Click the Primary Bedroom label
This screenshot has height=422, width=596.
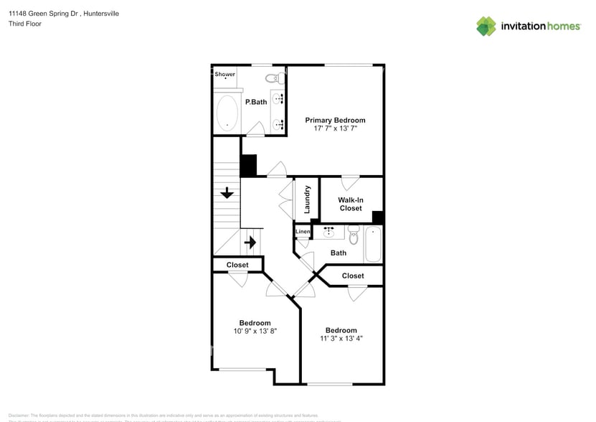(335, 120)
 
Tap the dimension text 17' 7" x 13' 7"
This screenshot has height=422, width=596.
(335, 128)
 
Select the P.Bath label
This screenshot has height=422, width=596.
(256, 102)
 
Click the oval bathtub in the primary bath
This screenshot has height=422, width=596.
(227, 113)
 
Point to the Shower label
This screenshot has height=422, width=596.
(225, 74)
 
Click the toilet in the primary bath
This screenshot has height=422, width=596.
(273, 78)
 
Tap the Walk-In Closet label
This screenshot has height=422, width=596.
(351, 204)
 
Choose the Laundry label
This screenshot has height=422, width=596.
(307, 200)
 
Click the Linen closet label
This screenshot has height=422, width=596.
(302, 232)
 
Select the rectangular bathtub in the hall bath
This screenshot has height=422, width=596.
(373, 245)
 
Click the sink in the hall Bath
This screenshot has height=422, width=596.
(329, 233)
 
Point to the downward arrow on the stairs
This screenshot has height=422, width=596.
(227, 192)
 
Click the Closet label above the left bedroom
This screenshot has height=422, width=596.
(237, 265)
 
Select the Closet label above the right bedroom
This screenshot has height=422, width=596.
(352, 276)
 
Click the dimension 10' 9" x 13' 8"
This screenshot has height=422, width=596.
(255, 331)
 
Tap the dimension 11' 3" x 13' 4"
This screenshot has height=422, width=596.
(341, 339)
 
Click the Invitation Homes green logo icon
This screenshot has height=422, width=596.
(486, 26)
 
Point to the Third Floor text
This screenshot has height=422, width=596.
(25, 24)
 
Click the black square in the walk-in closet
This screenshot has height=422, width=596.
(377, 217)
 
